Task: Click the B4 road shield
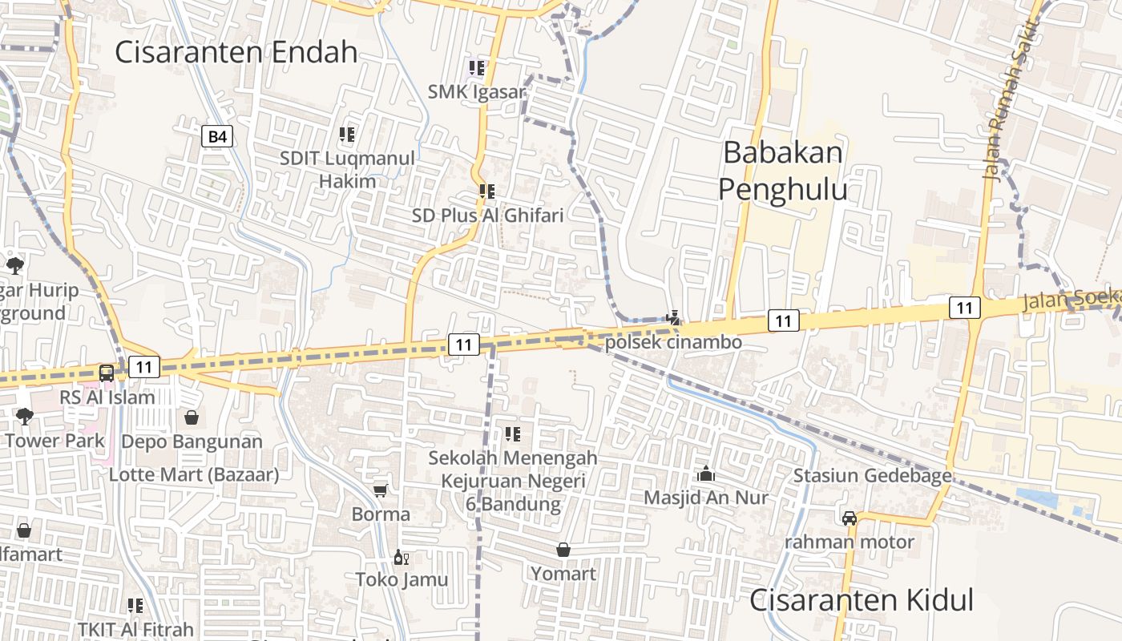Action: [217, 137]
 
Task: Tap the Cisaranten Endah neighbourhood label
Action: [236, 52]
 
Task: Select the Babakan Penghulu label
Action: [782, 171]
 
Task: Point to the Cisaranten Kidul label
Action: [862, 600]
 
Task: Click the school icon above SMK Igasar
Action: [477, 68]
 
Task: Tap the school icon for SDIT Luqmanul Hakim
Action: [347, 135]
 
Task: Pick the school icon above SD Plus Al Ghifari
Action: [486, 191]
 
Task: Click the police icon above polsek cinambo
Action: [673, 318]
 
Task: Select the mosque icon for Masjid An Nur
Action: [706, 474]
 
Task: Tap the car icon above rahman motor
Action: [850, 518]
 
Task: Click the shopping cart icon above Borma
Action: [381, 490]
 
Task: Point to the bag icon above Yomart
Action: [563, 550]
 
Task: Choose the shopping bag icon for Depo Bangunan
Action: [192, 417]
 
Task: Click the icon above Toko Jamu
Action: [401, 557]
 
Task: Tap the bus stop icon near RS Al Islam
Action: [107, 373]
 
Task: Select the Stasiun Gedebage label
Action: [872, 476]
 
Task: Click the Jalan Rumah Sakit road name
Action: [1012, 100]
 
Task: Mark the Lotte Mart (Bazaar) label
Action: [194, 474]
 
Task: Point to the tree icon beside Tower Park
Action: [25, 416]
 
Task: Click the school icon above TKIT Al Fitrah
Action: [135, 606]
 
